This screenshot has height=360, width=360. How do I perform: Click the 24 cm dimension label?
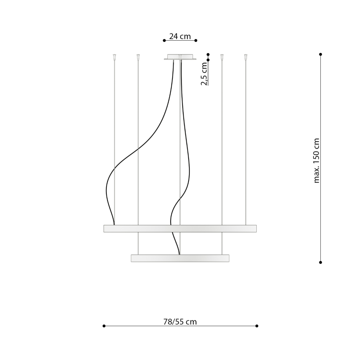tap(180, 36)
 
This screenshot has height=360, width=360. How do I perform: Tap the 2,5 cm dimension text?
tap(204, 74)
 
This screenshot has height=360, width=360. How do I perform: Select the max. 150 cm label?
tap(316, 160)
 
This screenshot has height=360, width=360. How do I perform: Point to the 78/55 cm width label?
tap(180, 322)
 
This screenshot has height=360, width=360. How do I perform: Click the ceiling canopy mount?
tap(180, 57)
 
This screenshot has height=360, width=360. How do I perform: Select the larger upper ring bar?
tap(180, 229)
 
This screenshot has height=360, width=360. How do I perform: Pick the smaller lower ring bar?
tap(180, 258)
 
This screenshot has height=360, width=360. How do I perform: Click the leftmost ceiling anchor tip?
tap(114, 56)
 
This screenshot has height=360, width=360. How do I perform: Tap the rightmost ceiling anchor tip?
tap(246, 56)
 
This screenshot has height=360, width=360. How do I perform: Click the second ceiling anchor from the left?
tap(138, 56)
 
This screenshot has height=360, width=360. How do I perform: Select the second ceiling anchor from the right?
tap(222, 56)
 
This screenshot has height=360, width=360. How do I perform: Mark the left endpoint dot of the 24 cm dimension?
tap(164, 40)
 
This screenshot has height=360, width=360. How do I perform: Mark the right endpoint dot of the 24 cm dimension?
tap(196, 40)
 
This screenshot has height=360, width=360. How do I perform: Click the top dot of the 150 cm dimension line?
tap(321, 54)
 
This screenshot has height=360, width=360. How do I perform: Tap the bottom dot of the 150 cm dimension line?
tap(321, 262)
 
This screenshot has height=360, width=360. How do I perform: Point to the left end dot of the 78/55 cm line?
tap(104, 326)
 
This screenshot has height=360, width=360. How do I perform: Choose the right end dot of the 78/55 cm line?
tap(257, 326)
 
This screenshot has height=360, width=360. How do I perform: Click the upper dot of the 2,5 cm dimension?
tap(208, 54)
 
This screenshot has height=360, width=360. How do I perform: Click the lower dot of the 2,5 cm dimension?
tap(208, 60)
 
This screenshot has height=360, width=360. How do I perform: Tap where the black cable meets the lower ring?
tap(179, 254)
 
